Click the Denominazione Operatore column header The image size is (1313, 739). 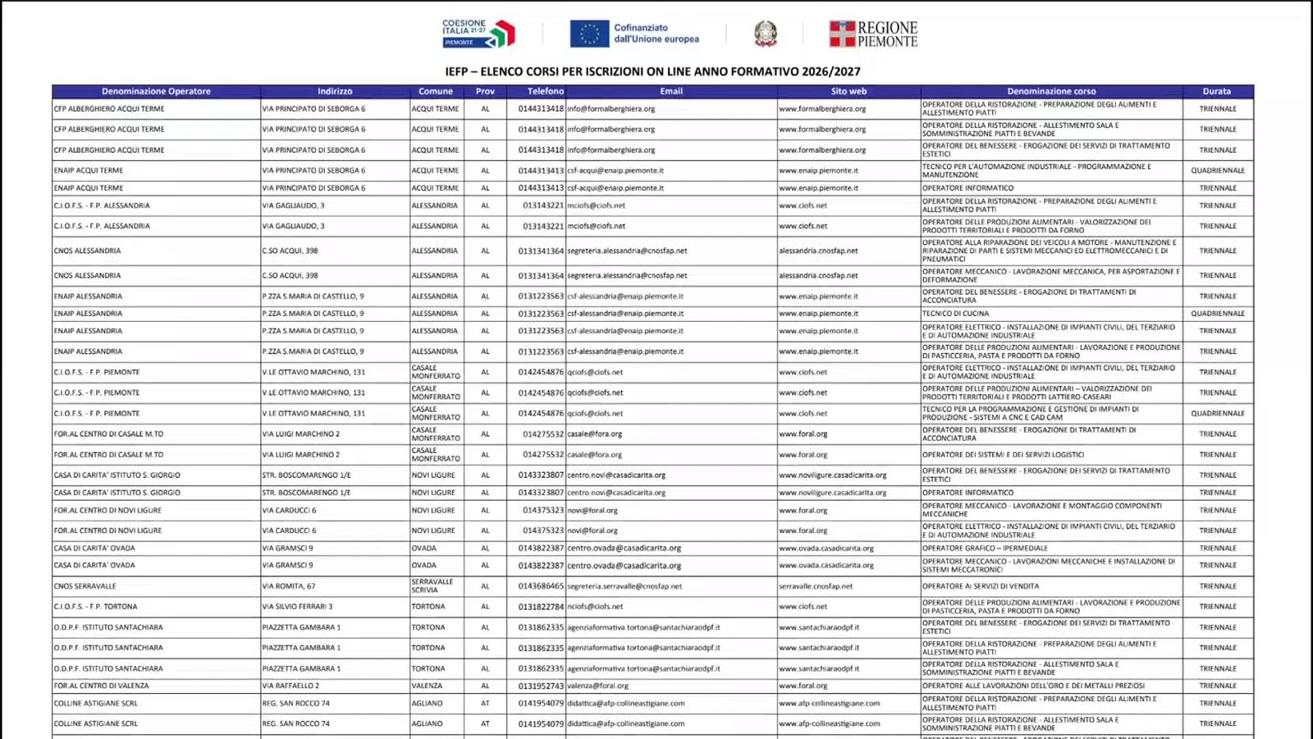click(x=156, y=91)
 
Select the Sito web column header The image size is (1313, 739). click(x=849, y=91)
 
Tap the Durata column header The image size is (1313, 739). click(x=1217, y=91)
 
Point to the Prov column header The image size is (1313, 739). click(x=485, y=91)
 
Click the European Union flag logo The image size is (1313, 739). click(x=589, y=34)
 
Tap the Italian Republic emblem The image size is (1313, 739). click(x=766, y=34)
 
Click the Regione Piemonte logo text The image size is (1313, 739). click(x=887, y=34)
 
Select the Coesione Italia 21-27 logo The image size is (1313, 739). click(x=478, y=33)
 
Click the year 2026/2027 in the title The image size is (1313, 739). click(x=831, y=71)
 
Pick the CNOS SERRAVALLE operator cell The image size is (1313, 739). click(x=85, y=586)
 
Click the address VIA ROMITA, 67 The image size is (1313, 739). click(x=289, y=586)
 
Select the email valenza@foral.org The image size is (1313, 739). click(x=597, y=686)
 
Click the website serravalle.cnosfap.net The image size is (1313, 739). click(x=816, y=586)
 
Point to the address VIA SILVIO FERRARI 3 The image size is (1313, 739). click(x=298, y=607)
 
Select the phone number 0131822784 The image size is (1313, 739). click(x=541, y=607)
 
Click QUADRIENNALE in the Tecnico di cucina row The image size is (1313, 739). click(x=1218, y=314)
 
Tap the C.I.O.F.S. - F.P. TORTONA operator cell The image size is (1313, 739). click(x=96, y=607)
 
